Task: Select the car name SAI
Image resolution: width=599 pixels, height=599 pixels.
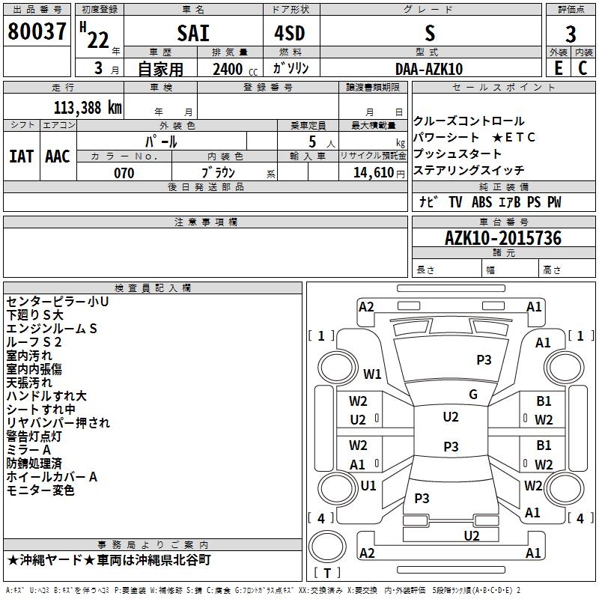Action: pos(193,34)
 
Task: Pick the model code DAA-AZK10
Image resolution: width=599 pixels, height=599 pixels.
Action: pos(429,69)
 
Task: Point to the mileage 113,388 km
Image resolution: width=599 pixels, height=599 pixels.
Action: pos(88,107)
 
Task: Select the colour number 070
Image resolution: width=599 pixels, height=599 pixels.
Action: pos(124,173)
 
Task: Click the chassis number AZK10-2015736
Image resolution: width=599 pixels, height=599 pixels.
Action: pos(502,238)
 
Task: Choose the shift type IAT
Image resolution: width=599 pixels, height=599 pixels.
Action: pos(21,156)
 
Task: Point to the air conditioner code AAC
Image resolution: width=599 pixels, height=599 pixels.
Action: pos(57,156)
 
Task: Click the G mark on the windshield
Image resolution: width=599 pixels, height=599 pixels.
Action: pos(473,395)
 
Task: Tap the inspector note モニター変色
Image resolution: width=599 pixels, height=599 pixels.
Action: pos(40,490)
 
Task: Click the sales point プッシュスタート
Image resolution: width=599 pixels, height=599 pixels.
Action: pos(458,154)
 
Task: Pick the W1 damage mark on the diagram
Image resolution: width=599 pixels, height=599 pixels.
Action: pos(372,374)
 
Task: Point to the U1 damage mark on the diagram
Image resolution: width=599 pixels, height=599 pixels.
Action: pos(368,486)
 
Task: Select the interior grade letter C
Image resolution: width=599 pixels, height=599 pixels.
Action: pos(583,68)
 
